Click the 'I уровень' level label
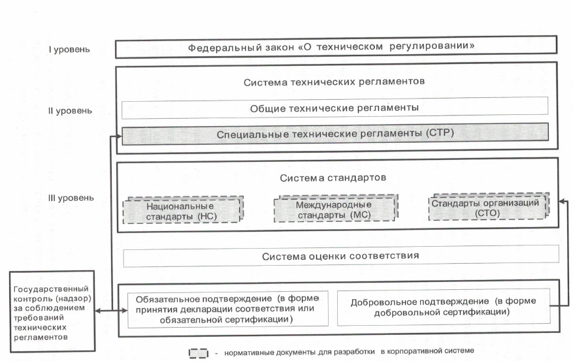(69, 49)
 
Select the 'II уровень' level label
(70, 110)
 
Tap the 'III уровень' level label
(71, 198)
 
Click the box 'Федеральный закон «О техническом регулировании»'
(336, 47)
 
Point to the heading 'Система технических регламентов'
(334, 82)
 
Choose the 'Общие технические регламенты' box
(335, 108)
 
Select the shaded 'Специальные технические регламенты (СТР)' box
(335, 134)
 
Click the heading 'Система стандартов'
(333, 178)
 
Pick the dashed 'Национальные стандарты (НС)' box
(183, 211)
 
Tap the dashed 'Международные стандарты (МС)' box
(336, 208)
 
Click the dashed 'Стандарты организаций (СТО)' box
(489, 206)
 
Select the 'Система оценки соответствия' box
(341, 256)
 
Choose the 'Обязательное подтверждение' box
(227, 309)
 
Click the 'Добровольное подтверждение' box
(444, 307)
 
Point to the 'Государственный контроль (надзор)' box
(52, 311)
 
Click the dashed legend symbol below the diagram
(199, 353)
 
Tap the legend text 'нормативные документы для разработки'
(299, 353)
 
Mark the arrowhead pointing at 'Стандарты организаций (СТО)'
(563, 201)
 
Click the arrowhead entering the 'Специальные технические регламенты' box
(118, 136)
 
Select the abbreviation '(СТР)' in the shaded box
(440, 133)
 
